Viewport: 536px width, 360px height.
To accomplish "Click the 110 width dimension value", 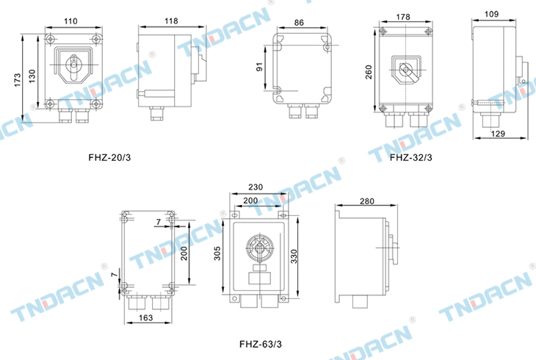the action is pyautogui.click(x=70, y=21).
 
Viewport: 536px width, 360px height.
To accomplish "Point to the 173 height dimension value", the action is pyautogui.click(x=18, y=80).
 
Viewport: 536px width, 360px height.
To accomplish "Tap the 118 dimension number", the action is pyautogui.click(x=171, y=21).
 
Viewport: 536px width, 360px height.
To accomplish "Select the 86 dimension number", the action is pyautogui.click(x=299, y=23).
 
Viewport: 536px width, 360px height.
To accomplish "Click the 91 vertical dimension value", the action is pyautogui.click(x=259, y=67).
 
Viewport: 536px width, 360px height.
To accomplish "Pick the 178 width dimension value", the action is pyautogui.click(x=403, y=17).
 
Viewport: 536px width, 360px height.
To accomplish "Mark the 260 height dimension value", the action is pyautogui.click(x=369, y=72).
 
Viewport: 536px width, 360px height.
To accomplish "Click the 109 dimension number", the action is pyautogui.click(x=491, y=14).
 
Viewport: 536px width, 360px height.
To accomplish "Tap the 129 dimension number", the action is pyautogui.click(x=498, y=134).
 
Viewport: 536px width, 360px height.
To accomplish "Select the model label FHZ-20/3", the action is pyautogui.click(x=109, y=158).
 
